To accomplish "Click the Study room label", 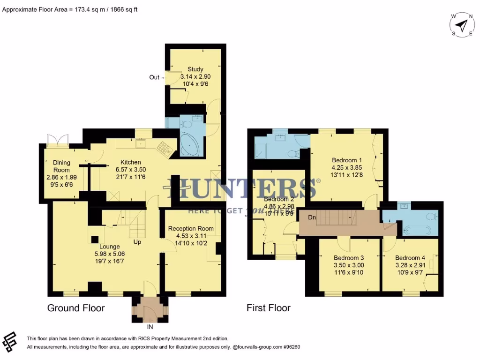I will tap(195, 69).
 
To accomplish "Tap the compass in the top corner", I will tap(462, 24).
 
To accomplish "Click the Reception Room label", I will tap(191, 229).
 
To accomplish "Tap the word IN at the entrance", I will tap(150, 327).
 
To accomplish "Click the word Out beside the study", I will tap(154, 77).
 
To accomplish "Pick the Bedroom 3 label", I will tap(349, 258).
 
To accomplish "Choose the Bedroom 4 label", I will tap(410, 258).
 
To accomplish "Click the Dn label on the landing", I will tap(312, 217).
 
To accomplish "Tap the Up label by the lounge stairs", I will tap(137, 242).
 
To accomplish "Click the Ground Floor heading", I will tap(76, 308).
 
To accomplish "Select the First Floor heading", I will tap(269, 308).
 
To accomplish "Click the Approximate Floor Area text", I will tap(70, 9).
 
